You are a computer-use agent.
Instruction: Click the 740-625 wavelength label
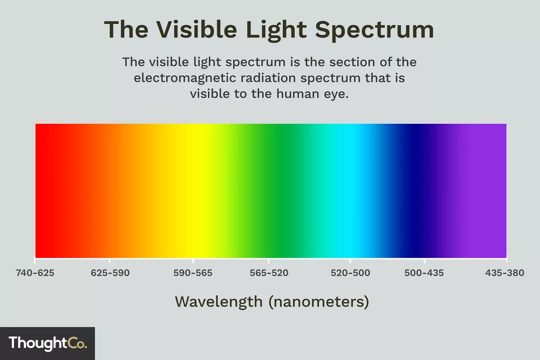pos(35,273)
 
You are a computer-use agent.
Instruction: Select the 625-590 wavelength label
pos(110,273)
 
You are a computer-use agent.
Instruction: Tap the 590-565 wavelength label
pos(193,273)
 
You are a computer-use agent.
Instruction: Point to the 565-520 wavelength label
pos(269,273)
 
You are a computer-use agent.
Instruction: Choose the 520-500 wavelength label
pos(350,273)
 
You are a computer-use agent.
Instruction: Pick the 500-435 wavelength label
pos(424,273)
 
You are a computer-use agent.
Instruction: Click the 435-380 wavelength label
pos(505,273)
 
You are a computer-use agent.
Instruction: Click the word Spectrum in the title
pos(375,30)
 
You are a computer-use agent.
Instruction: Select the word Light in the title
pos(276,30)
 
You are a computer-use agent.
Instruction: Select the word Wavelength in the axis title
pos(219,302)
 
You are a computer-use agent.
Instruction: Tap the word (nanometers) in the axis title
pos(319,302)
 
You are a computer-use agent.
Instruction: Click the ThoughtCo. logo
pos(47,343)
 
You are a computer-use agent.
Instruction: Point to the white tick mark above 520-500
pos(350,260)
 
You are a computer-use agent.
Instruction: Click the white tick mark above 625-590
pos(110,260)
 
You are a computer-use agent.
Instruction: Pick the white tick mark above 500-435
pos(424,260)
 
